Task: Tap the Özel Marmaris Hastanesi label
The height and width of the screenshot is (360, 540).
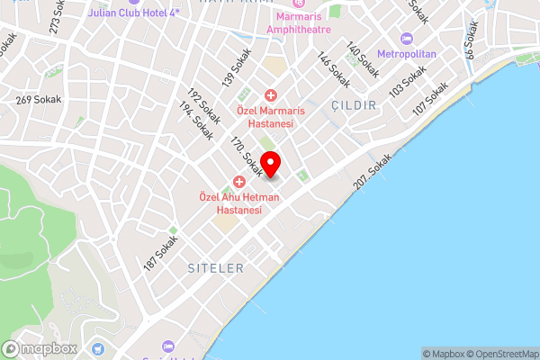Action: pyautogui.click(x=270, y=116)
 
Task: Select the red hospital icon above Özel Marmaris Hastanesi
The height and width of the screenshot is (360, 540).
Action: pyautogui.click(x=270, y=95)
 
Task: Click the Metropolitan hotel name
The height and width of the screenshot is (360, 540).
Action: pyautogui.click(x=407, y=54)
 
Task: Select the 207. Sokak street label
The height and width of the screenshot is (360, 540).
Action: pyautogui.click(x=373, y=171)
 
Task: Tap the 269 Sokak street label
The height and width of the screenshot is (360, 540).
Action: pyautogui.click(x=39, y=100)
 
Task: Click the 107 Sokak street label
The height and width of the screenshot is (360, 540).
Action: pyautogui.click(x=430, y=99)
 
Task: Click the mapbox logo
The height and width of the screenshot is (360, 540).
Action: pyautogui.click(x=38, y=348)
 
